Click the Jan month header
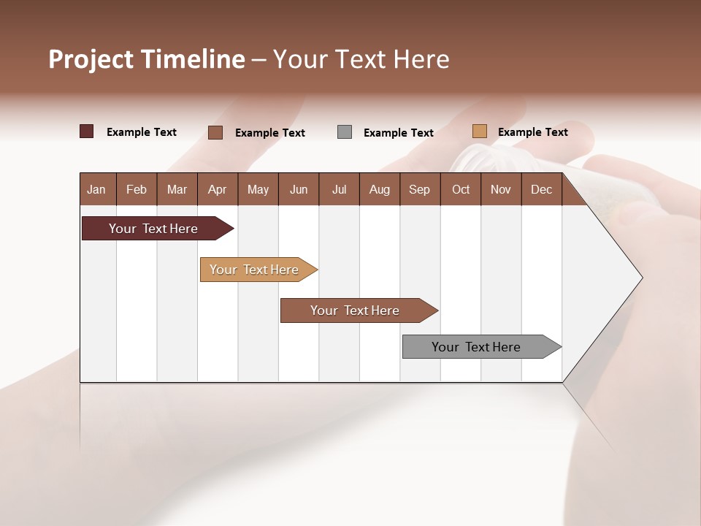coord(96,189)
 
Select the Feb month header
coord(137,189)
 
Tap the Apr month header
coord(217,189)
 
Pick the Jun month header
coord(299,189)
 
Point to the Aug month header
coord(379,189)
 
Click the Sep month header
coord(419,189)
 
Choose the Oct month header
coord(461,189)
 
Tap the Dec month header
coord(541,189)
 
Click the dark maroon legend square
coord(87,131)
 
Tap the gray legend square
coord(345,132)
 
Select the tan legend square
coord(479,131)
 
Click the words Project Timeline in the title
coord(147,59)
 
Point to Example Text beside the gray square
coord(398,133)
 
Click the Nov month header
coord(500,189)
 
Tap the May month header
coord(258,189)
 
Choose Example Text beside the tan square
coord(532,132)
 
